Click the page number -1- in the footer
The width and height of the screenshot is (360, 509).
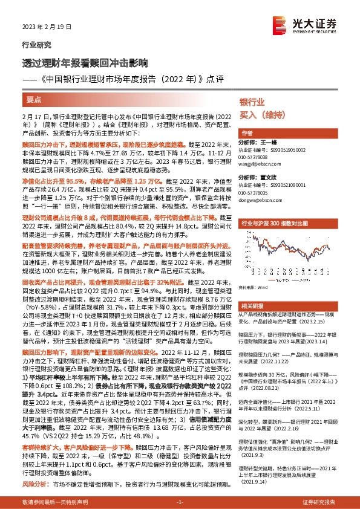tap(180, 502)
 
